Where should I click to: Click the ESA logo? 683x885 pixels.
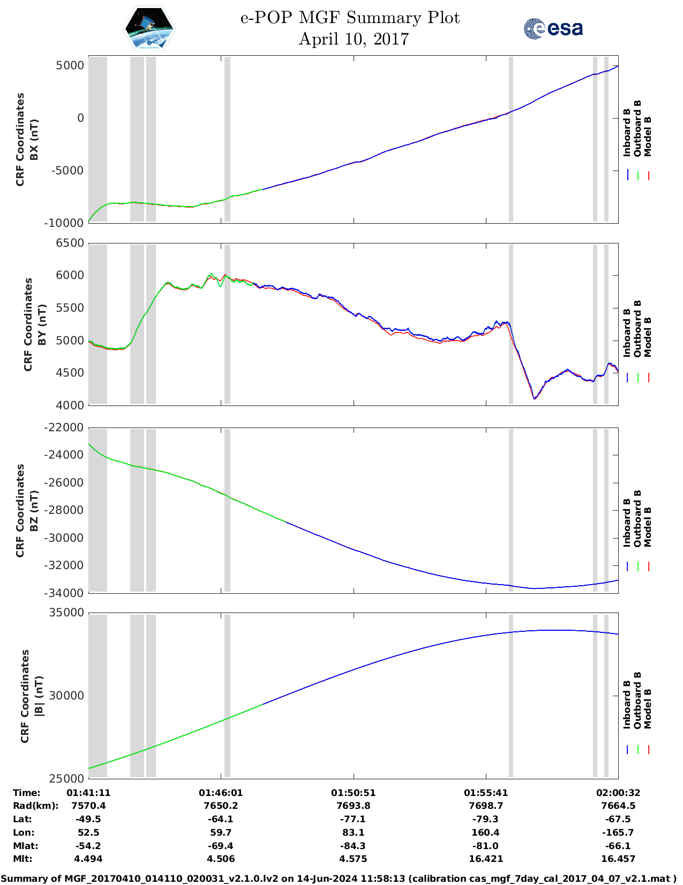(553, 28)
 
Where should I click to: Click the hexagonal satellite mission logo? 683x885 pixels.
(149, 29)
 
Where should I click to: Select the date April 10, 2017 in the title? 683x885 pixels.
(354, 39)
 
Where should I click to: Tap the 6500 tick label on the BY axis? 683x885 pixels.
(70, 243)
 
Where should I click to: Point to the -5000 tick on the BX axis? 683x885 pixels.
(67, 171)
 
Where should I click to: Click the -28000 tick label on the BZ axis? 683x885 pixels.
(64, 510)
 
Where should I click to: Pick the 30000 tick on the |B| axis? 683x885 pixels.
(66, 696)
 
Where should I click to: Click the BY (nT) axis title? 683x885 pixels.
(42, 324)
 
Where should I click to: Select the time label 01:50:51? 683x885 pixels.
(353, 793)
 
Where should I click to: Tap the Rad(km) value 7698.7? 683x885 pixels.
(485, 806)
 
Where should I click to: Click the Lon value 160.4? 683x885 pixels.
(485, 832)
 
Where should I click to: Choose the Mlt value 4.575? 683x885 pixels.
(353, 859)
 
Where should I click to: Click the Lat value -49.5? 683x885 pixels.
(88, 819)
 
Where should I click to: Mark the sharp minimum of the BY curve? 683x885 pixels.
(535, 399)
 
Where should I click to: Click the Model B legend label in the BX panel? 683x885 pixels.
(648, 137)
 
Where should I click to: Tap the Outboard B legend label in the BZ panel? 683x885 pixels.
(637, 519)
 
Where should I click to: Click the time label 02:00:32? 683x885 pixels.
(618, 793)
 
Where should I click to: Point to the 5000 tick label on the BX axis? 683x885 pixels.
(70, 65)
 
